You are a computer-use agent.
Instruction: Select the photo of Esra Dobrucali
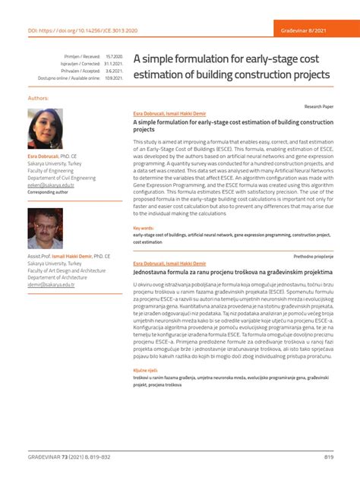tap(46, 128)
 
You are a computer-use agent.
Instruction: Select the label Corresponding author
tap(47, 192)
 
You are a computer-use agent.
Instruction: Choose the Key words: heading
tap(143, 228)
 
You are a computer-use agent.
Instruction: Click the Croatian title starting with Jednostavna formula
tap(232, 270)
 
